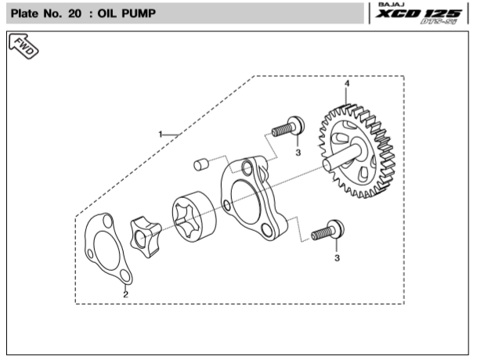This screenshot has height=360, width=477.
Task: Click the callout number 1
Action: tap(161, 135)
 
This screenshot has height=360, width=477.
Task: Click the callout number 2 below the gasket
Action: tap(125, 295)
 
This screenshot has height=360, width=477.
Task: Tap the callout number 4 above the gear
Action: tap(346, 83)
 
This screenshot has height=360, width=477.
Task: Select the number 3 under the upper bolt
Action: tap(298, 153)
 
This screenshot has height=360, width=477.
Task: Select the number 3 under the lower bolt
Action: tap(337, 257)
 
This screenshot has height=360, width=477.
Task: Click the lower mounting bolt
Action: tap(327, 230)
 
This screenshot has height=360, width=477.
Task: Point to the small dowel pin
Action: tap(202, 164)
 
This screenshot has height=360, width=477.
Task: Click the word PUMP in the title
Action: tap(156, 15)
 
